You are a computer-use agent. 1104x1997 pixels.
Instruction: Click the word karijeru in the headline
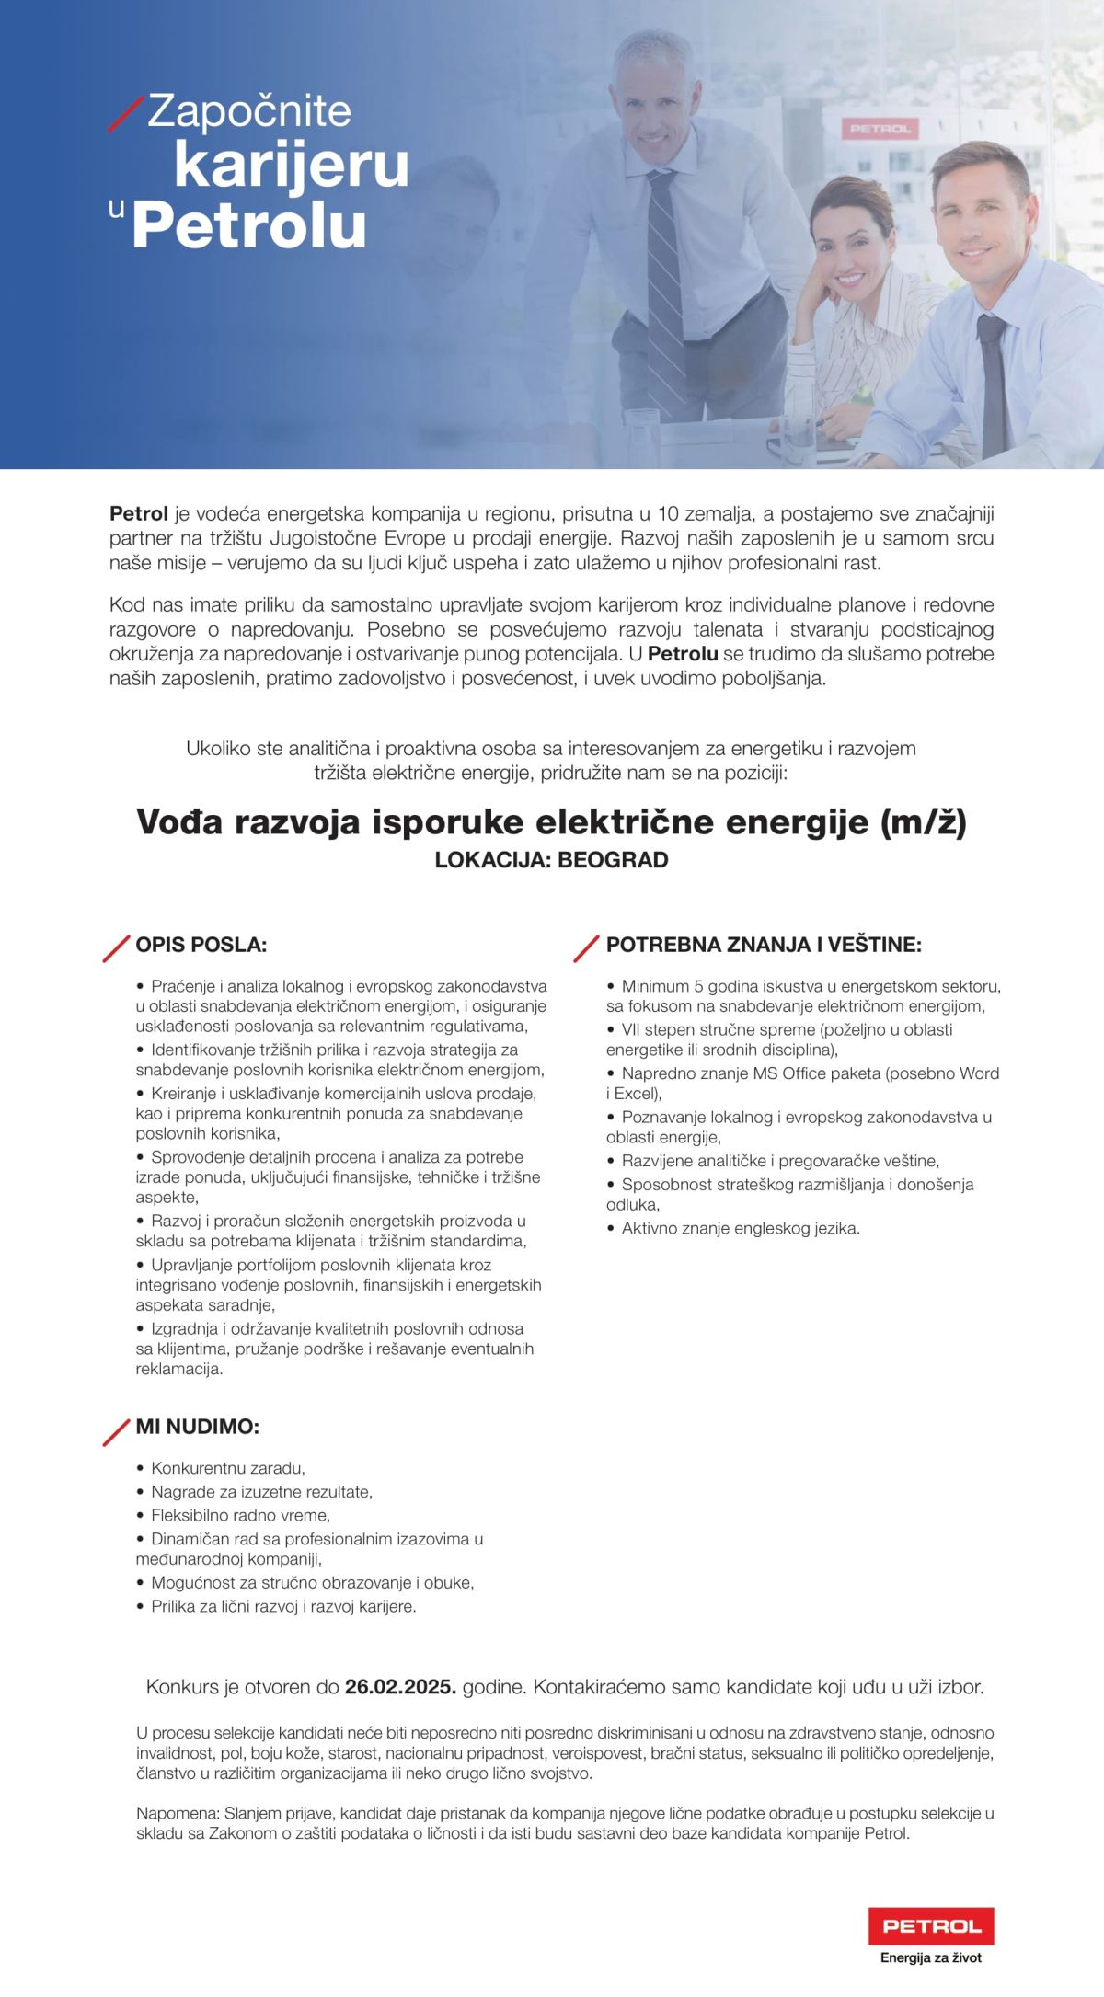click(x=291, y=166)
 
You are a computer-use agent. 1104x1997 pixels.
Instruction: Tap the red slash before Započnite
click(x=126, y=113)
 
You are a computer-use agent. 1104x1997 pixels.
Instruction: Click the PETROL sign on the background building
click(x=880, y=130)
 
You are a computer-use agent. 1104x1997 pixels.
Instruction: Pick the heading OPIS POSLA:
click(x=201, y=945)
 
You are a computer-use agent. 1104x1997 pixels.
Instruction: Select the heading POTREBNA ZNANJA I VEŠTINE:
click(x=764, y=945)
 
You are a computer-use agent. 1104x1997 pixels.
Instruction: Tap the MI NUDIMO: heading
click(x=197, y=1427)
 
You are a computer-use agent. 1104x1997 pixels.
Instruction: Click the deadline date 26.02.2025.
click(x=400, y=1687)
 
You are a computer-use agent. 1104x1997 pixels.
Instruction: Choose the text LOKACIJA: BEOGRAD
click(x=551, y=860)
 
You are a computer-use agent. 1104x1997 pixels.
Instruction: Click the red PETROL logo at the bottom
click(x=931, y=1925)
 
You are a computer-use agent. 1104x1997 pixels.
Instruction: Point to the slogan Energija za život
click(x=930, y=1957)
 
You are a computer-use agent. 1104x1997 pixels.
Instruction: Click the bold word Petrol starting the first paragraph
click(x=138, y=513)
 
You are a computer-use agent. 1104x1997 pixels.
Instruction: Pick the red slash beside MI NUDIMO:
click(x=116, y=1432)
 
